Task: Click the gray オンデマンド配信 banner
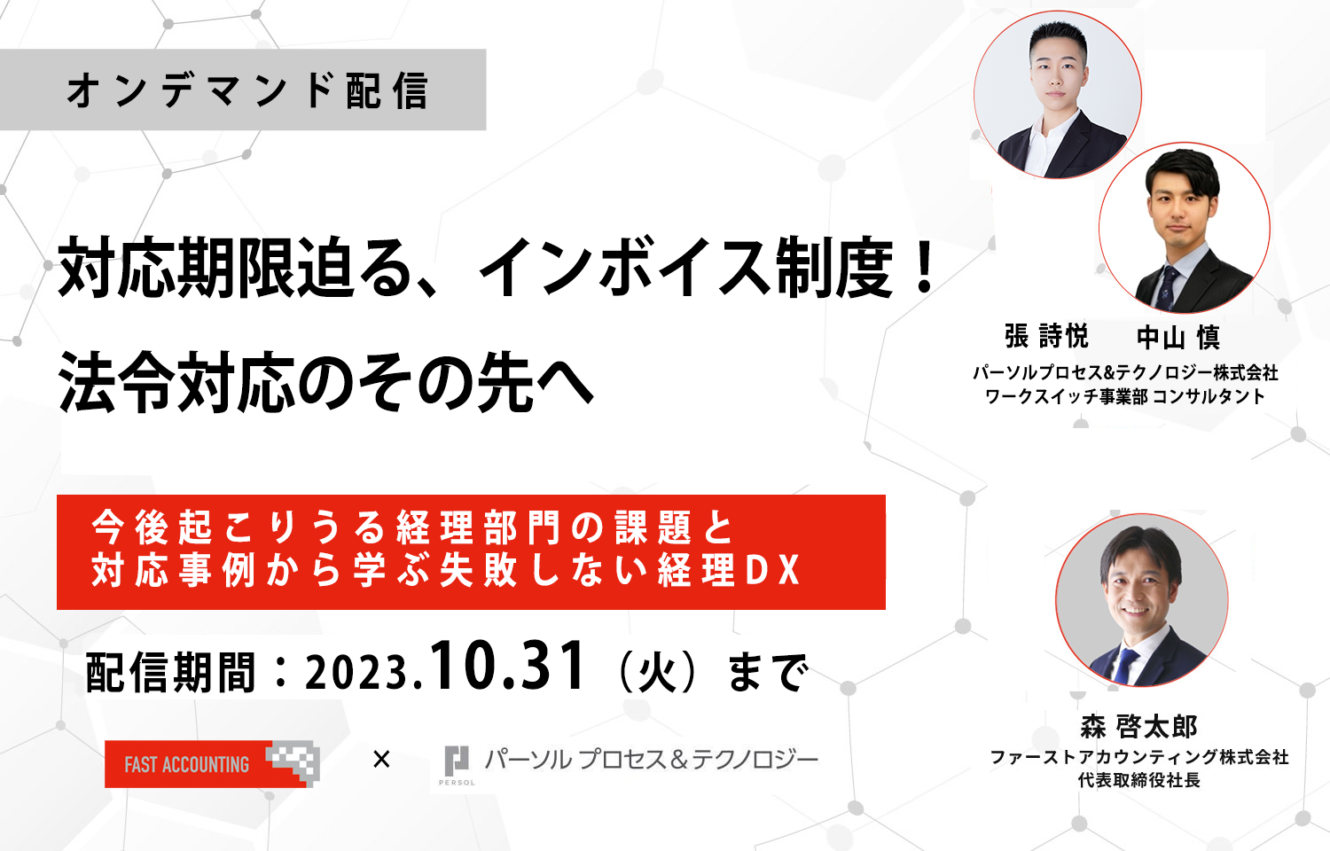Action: (x=243, y=90)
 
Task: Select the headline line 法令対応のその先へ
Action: (x=326, y=381)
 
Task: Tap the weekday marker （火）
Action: (x=657, y=672)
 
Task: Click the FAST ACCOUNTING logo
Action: (x=213, y=764)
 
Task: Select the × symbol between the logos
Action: (x=381, y=759)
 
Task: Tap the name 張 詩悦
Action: (x=1046, y=337)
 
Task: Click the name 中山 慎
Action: (x=1178, y=338)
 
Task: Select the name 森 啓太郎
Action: (x=1138, y=726)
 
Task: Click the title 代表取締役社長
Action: (x=1138, y=780)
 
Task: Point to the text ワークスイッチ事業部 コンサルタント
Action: (x=1124, y=396)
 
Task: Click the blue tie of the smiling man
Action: (x=1124, y=665)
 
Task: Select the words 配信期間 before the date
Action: (x=170, y=672)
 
